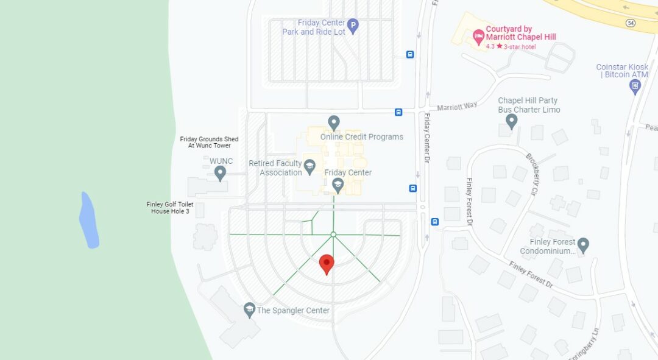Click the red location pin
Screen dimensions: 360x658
point(327,264)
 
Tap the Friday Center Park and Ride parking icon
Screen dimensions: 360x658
point(353,26)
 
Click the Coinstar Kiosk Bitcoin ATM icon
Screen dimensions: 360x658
point(635,86)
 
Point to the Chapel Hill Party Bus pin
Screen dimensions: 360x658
point(511,121)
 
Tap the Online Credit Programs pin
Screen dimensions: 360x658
point(333,122)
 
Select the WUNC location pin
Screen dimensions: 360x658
point(221,172)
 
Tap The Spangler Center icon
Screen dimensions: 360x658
point(249,309)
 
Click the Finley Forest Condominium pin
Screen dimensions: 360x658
point(583,245)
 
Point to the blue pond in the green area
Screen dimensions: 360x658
point(89,221)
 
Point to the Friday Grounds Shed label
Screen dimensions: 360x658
point(209,143)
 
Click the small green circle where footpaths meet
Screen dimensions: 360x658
point(333,235)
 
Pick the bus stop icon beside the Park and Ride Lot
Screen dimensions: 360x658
point(410,54)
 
